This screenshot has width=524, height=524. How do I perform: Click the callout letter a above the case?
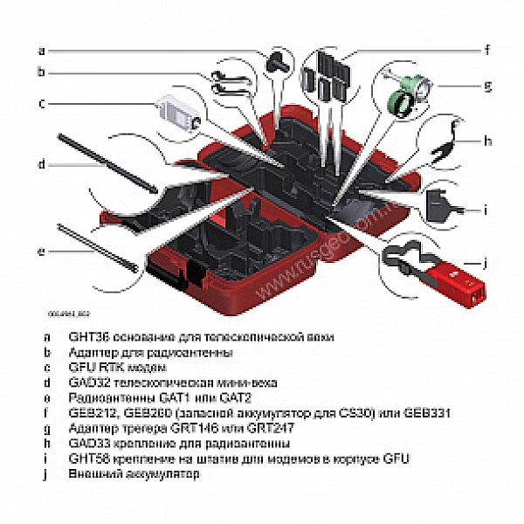(41, 50)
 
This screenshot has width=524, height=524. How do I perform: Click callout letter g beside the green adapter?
(487, 86)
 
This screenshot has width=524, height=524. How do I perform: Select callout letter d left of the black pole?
(41, 163)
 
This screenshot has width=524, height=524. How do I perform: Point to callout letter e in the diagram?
(41, 252)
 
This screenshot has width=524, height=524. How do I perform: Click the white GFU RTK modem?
(180, 112)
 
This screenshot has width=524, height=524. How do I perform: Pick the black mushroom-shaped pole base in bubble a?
(279, 59)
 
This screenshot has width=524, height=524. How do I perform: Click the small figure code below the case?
(69, 311)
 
